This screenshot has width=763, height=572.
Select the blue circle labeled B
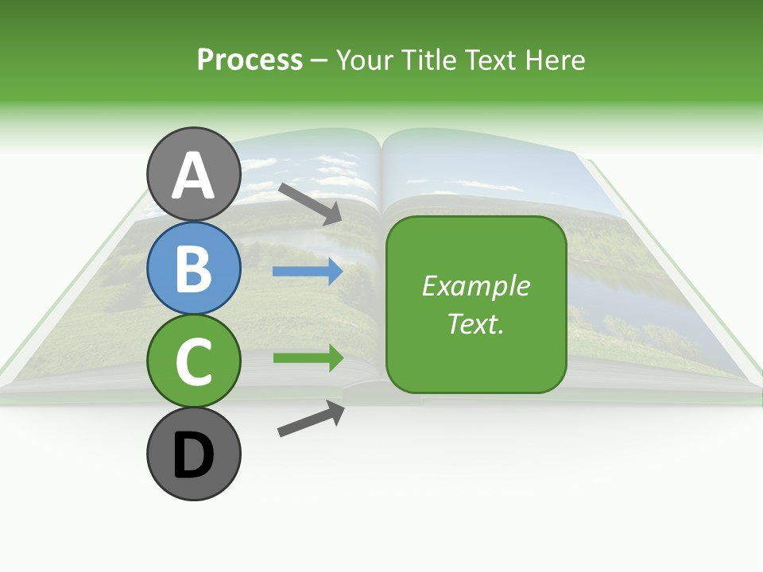(x=193, y=268)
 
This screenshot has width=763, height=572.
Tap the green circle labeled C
(x=193, y=361)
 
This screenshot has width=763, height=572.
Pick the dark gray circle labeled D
(x=193, y=454)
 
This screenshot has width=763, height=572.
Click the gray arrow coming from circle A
(x=310, y=204)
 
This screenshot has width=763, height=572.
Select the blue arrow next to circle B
(x=308, y=272)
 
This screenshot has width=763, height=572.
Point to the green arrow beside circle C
(x=308, y=357)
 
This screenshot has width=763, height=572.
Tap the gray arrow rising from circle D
(x=311, y=419)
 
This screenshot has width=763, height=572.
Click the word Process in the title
(x=250, y=60)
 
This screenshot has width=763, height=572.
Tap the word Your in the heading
(x=366, y=60)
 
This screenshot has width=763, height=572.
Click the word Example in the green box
(x=475, y=285)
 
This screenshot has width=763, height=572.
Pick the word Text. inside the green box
(x=475, y=323)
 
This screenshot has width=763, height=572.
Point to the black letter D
(x=193, y=456)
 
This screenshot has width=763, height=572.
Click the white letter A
(x=193, y=176)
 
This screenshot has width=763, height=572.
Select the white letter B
(x=193, y=268)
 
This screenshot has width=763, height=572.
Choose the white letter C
(x=193, y=361)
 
